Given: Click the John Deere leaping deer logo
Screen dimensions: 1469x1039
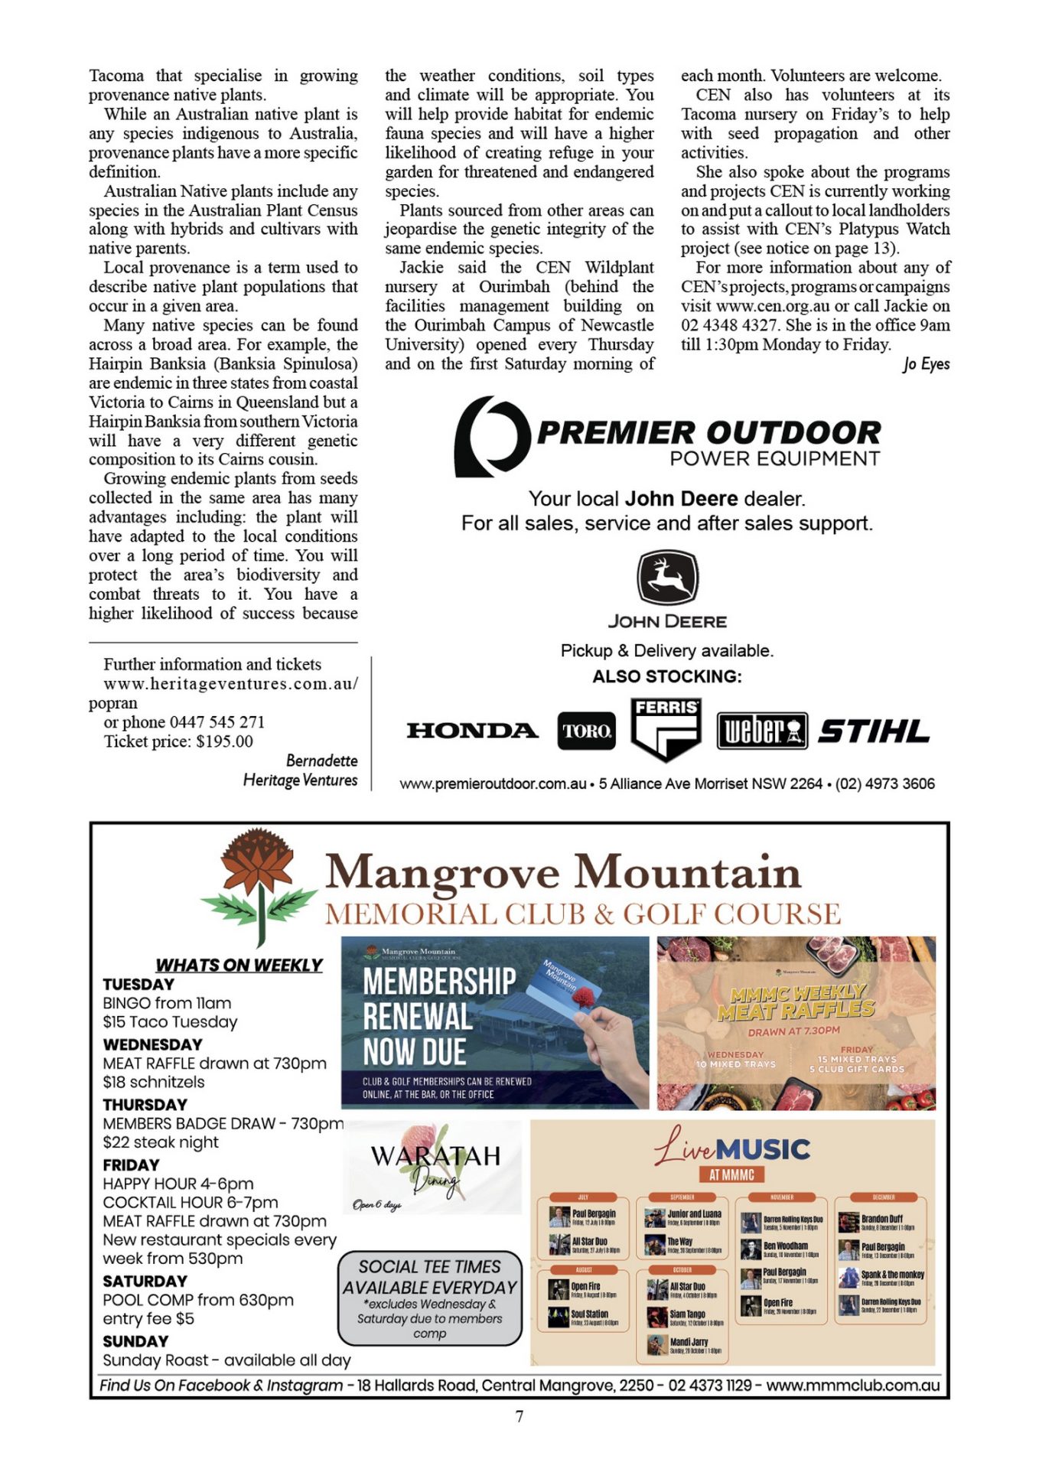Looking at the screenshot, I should [x=667, y=578].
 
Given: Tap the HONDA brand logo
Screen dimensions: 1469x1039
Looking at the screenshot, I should [x=472, y=731].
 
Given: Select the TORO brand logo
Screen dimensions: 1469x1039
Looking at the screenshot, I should [x=586, y=731].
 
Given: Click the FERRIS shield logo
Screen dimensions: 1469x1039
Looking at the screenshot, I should [x=666, y=729].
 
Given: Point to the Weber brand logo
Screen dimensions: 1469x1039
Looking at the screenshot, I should [x=762, y=731].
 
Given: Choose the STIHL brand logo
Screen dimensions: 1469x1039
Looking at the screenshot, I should [x=874, y=731].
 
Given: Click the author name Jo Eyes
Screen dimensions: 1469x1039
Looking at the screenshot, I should [x=926, y=364].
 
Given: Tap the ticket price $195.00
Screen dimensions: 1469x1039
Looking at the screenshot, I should [x=224, y=741].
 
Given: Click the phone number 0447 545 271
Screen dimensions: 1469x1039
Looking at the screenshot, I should [x=217, y=722].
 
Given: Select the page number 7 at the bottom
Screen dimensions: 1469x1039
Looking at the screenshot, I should [x=519, y=1416].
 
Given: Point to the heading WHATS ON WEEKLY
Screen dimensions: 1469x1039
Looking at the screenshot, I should [x=239, y=965].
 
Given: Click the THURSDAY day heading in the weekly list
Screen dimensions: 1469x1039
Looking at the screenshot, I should [x=145, y=1105].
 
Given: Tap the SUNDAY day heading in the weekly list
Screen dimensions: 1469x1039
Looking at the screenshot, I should [x=135, y=1341].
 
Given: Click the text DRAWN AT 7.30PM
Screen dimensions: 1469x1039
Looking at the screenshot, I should [x=793, y=1031].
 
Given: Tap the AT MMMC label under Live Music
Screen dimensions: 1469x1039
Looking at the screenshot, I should [x=731, y=1174].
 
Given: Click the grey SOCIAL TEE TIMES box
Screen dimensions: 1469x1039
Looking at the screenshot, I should [x=429, y=1298].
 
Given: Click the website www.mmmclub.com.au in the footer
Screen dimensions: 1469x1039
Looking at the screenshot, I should [x=852, y=1386].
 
